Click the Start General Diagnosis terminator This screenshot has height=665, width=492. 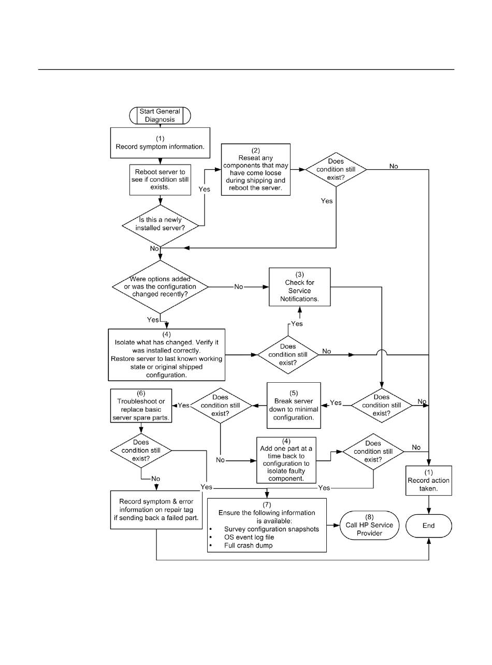coord(160,115)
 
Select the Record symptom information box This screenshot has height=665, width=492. coord(160,143)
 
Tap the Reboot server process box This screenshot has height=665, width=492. coord(160,180)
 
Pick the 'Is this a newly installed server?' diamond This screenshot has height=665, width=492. coord(160,225)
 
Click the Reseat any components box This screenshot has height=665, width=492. coord(256,169)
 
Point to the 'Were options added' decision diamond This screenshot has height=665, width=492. coord(160,286)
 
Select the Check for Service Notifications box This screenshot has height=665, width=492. coord(299,286)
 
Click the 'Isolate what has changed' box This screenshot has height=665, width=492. coord(166,355)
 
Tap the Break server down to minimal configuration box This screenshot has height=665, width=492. coord(294,406)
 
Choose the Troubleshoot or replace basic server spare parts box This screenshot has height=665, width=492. coord(141,406)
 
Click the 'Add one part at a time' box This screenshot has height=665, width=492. coord(286,460)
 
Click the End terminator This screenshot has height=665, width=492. coord(428,526)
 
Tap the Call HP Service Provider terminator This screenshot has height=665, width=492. coord(369,525)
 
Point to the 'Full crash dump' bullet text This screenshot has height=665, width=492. coord(248,545)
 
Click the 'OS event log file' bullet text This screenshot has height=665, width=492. coord(249,537)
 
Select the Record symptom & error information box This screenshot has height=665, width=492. coord(156,510)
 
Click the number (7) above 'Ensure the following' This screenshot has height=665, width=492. coord(267,504)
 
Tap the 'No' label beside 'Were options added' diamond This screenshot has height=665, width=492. coord(239,286)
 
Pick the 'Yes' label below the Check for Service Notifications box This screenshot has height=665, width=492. coord(297,324)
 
